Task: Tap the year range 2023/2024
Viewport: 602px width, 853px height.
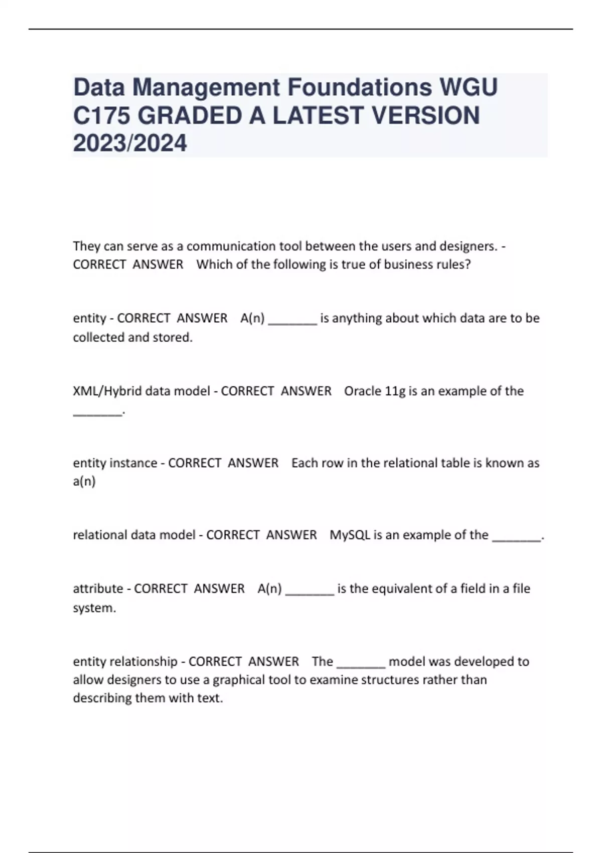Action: [130, 143]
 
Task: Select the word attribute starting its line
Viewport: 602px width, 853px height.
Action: [98, 588]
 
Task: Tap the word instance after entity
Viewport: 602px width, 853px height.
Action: [135, 463]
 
